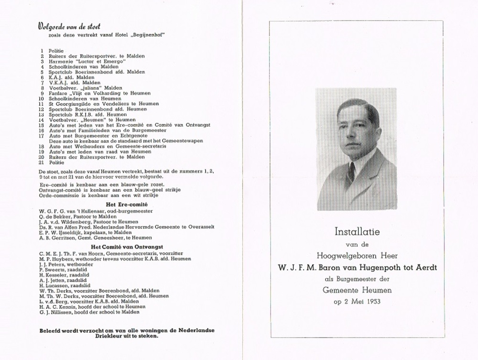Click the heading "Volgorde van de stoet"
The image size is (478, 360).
click(x=69, y=27)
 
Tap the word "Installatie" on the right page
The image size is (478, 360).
click(x=357, y=232)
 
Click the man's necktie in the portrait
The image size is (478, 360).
click(x=351, y=171)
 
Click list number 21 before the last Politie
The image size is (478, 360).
click(x=42, y=163)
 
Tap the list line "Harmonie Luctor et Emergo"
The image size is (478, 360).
click(x=87, y=61)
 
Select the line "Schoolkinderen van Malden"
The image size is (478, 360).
click(x=84, y=66)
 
